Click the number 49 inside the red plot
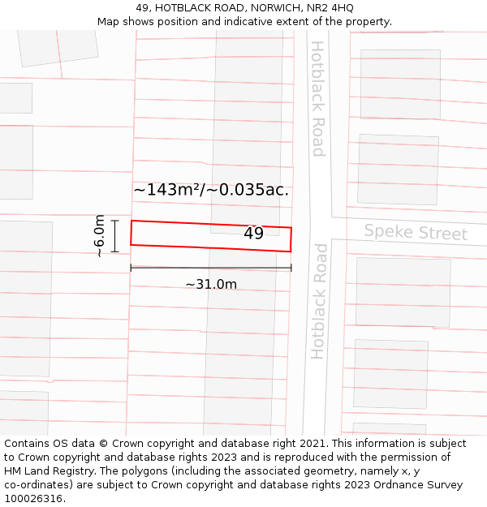pos(253,234)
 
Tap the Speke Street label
pos(416,233)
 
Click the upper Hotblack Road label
pos(317,98)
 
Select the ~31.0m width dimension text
pos(211,285)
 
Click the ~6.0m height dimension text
pos(99,236)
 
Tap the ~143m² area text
pos(166,190)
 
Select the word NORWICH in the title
pos(274,7)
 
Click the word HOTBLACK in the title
pos(184,7)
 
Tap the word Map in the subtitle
pos(109,21)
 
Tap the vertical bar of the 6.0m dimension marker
pos(115,236)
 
